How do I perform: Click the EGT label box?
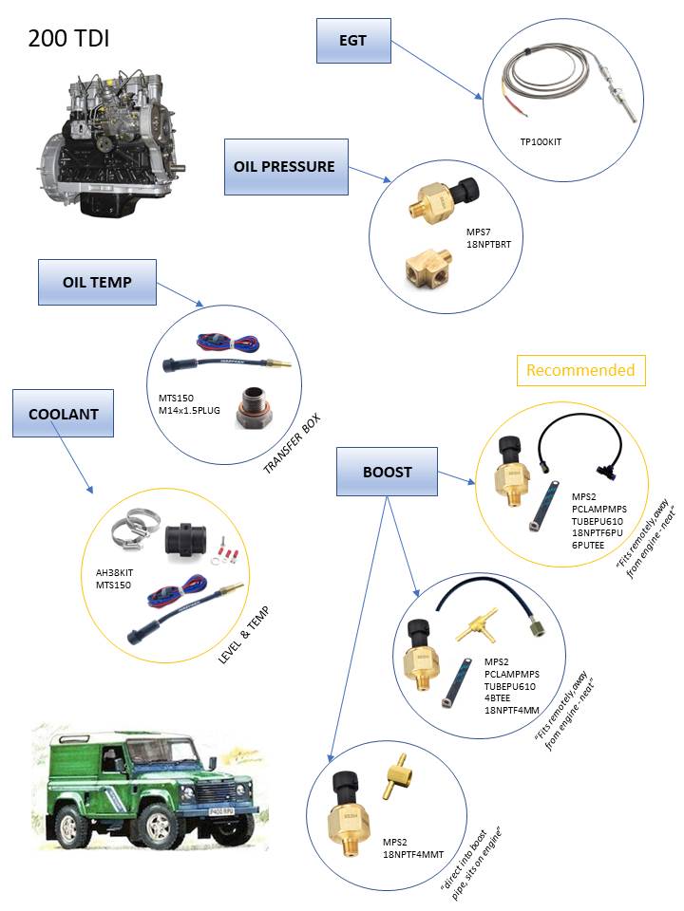pyautogui.click(x=352, y=41)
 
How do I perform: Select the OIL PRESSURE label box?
pyautogui.click(x=284, y=166)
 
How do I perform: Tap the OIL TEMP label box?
pyautogui.click(x=97, y=282)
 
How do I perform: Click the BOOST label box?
pyautogui.click(x=387, y=472)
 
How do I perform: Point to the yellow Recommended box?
pyautogui.click(x=580, y=370)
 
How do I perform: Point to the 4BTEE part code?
pyautogui.click(x=502, y=696)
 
